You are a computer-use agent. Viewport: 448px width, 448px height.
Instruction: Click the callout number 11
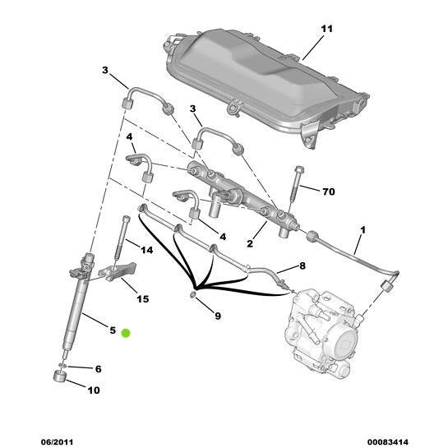tap(326, 30)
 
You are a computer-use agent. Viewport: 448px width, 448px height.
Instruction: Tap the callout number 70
tap(328, 192)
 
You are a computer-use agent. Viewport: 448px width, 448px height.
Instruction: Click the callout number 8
tap(302, 266)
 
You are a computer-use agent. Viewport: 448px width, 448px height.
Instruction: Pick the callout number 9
tap(217, 315)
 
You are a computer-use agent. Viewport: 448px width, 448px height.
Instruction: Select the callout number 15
tap(142, 298)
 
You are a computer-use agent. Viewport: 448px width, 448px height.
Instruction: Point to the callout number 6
tap(98, 369)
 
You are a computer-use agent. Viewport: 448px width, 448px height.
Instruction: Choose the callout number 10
tap(93, 390)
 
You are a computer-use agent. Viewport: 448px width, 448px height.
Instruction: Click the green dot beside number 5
tap(126, 332)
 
